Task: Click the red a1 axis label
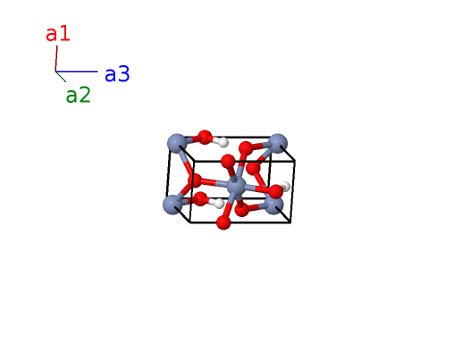58,34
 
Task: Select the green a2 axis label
78,96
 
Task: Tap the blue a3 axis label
117,74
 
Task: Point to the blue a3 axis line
77,71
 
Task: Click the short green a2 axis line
61,77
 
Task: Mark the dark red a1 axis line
56,58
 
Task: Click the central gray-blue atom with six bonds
237,187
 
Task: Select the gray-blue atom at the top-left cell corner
177,143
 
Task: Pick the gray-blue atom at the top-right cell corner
278,143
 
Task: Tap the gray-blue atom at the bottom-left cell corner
172,205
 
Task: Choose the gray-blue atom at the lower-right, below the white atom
273,205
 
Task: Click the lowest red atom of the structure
223,222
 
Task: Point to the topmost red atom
205,138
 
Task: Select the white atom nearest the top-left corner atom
223,142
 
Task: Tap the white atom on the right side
285,187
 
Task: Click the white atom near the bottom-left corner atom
219,204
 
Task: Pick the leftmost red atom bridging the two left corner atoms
195,180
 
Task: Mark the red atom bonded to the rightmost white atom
275,192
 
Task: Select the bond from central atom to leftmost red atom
214,183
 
